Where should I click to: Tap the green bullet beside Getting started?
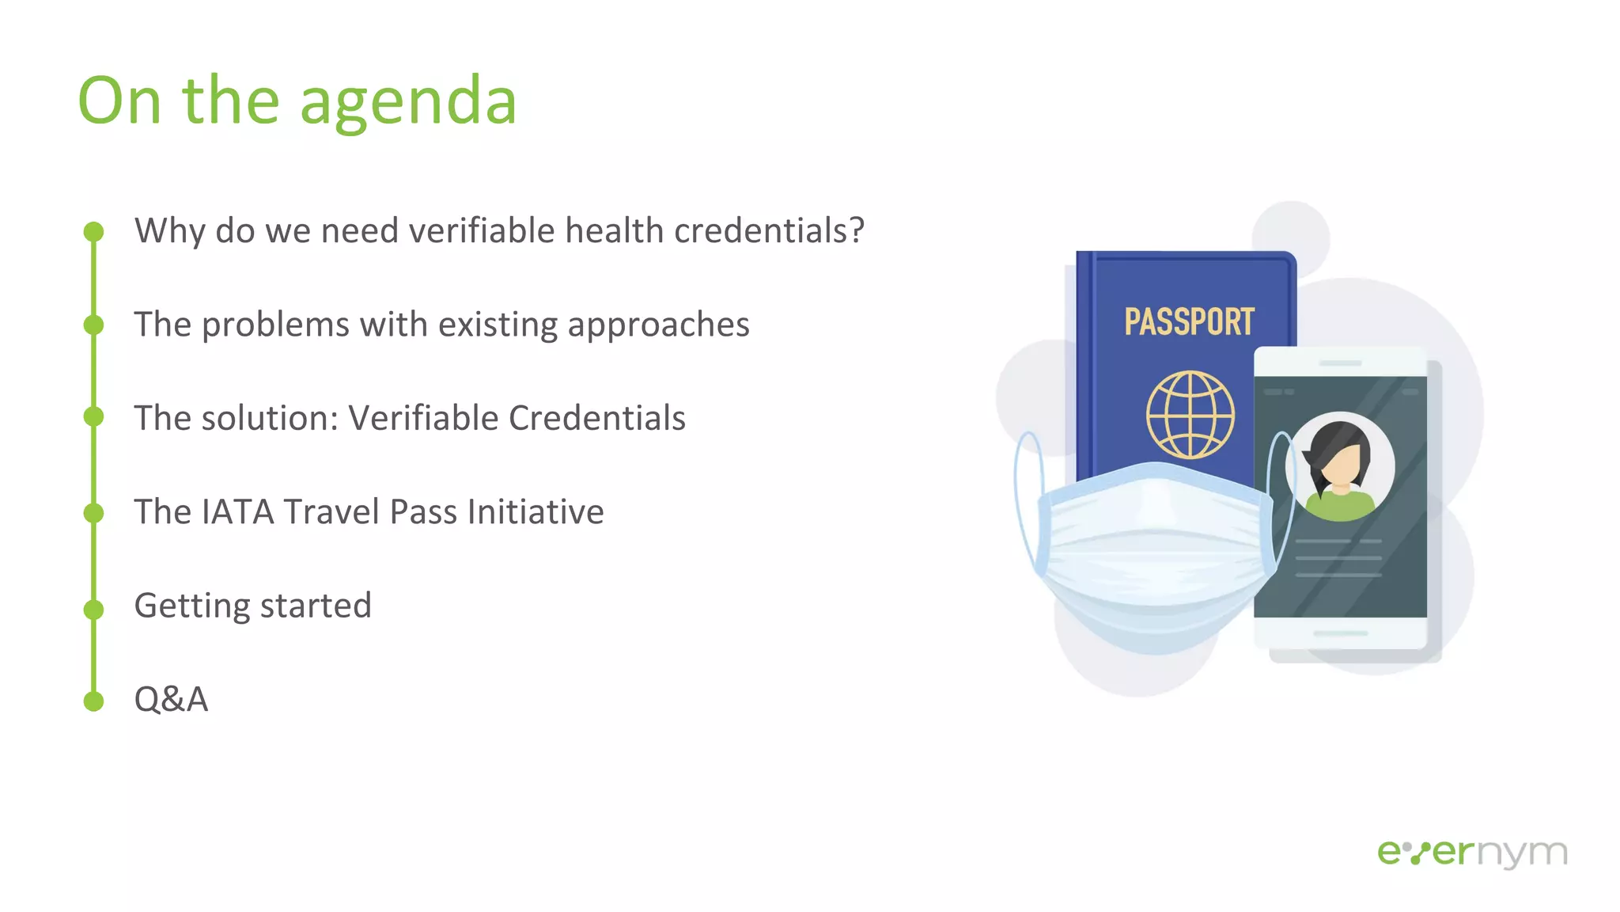[x=93, y=609]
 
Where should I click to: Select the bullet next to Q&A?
[x=93, y=701]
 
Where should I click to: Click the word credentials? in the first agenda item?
[x=769, y=231]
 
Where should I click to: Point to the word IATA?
[x=238, y=511]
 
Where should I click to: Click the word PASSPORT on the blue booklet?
[x=1189, y=322]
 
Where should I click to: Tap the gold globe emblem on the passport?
[x=1190, y=414]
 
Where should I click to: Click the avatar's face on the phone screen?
[x=1342, y=466]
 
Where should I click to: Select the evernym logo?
[x=1472, y=853]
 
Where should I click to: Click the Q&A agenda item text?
[x=171, y=699]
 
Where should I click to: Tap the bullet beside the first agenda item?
[x=93, y=231]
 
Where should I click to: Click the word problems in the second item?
[x=275, y=325]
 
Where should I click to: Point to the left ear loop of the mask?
[x=1027, y=499]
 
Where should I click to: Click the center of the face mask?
[x=1155, y=554]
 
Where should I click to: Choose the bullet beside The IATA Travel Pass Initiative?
[x=93, y=513]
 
